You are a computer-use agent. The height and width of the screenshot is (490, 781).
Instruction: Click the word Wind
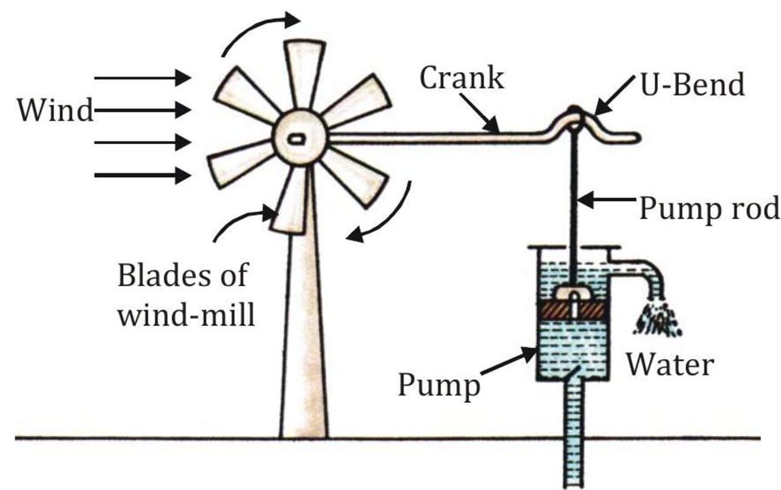pos(55,111)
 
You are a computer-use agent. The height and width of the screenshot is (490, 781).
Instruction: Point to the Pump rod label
pos(709,210)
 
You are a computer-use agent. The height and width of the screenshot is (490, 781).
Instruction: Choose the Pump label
pos(439,384)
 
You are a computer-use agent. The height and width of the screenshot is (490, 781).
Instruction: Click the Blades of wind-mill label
pos(185,296)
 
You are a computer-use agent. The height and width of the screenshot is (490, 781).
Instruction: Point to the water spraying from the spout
pos(657,319)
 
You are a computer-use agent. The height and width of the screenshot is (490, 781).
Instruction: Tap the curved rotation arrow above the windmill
pos(257,33)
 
